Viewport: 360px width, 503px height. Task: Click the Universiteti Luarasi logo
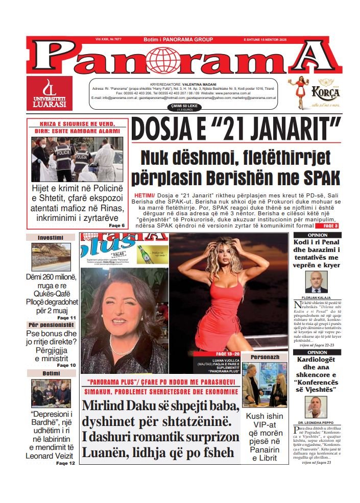pos(50,94)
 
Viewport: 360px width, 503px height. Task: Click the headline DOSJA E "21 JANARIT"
pos(235,130)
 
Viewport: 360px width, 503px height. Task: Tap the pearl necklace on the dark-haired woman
pos(124,348)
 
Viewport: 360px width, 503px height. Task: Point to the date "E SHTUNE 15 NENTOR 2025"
pos(311,39)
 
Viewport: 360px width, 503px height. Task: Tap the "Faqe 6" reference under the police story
pos(116,225)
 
